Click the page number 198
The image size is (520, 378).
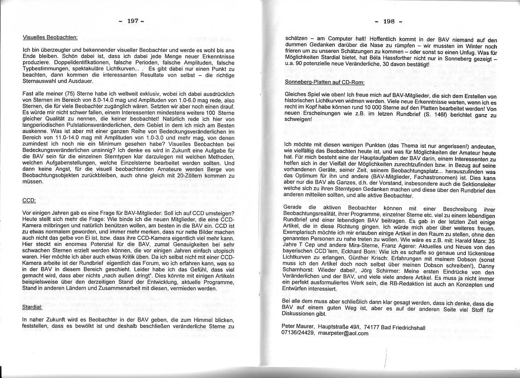(x=388, y=21)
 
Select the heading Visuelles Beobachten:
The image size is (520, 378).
(x=50, y=37)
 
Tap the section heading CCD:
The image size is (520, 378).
(x=29, y=201)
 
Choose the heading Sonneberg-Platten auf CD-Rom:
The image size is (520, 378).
(x=325, y=82)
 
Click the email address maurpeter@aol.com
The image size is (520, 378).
(x=344, y=333)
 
